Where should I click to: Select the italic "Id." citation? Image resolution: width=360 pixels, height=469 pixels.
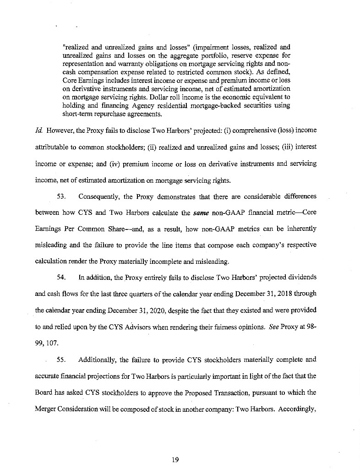click(x=38, y=130)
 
